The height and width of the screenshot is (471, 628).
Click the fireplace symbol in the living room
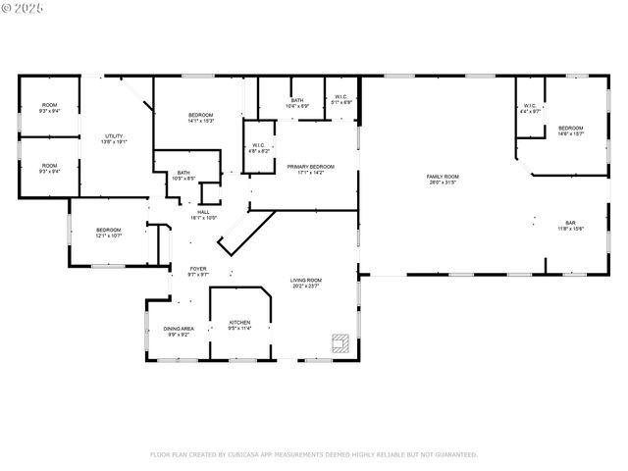click(340, 342)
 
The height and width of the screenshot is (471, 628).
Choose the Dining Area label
click(178, 331)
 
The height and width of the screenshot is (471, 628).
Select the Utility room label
click(115, 138)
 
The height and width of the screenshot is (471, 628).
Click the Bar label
click(570, 225)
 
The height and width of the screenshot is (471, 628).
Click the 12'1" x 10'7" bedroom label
click(108, 232)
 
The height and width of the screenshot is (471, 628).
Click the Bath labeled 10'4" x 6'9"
click(296, 102)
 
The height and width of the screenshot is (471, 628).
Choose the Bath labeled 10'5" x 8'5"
click(184, 176)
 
